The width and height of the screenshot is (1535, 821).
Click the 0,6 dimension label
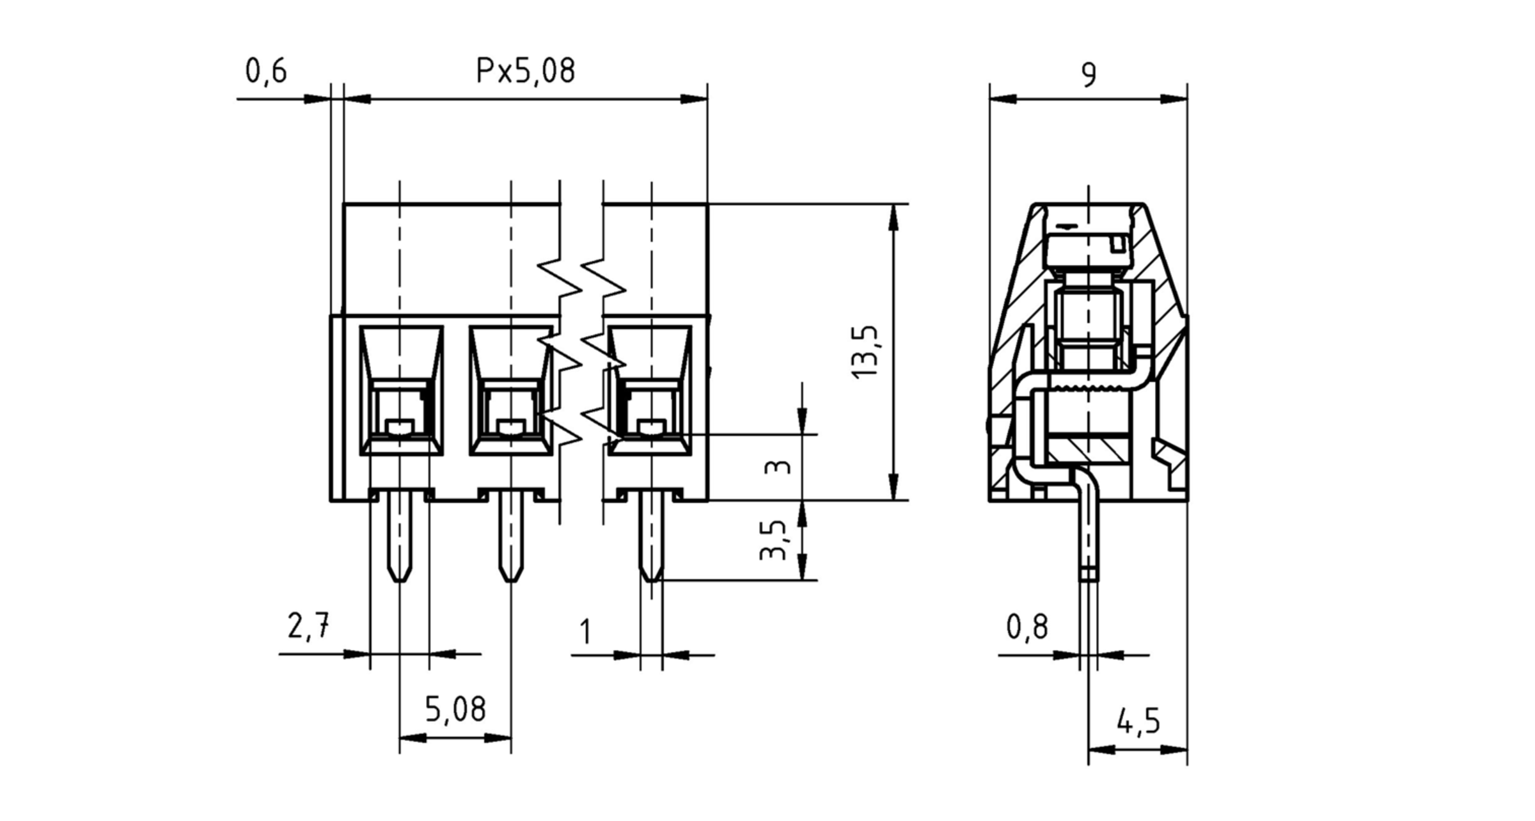266,71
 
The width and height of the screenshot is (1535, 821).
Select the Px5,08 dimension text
525,71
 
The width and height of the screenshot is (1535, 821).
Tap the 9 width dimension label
1089,75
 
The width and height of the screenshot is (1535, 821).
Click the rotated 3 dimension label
778,466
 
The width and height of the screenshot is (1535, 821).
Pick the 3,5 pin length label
773,540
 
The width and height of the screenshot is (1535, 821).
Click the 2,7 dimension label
308,626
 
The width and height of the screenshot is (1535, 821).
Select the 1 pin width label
585,632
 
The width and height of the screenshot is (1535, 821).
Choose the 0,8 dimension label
1027,627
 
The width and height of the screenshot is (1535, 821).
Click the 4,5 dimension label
1138,722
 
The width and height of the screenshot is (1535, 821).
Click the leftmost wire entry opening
401,390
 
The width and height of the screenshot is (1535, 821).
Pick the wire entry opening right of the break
650,390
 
